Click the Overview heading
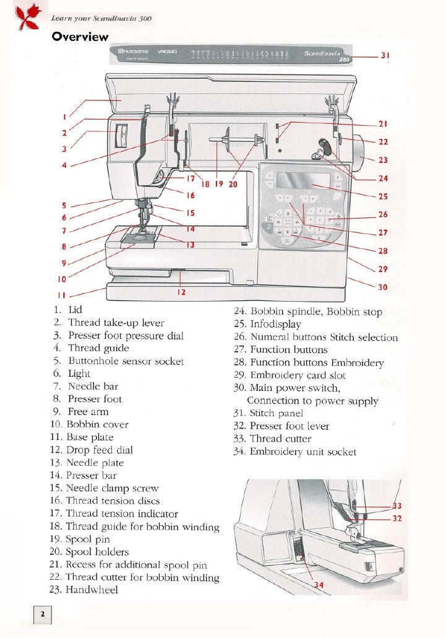pos(80,37)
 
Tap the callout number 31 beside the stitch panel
pos(384,55)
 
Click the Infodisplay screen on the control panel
pos(302,181)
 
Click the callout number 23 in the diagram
pos(383,160)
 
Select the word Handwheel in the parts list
pos(92,590)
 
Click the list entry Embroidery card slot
pos(298,375)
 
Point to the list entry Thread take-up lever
pos(116,323)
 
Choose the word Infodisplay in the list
pos(275,324)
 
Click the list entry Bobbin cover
pos(97,424)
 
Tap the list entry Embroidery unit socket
pos(302,452)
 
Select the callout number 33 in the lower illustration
pos(398,506)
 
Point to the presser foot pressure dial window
pos(121,136)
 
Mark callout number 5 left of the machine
pos(64,205)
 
